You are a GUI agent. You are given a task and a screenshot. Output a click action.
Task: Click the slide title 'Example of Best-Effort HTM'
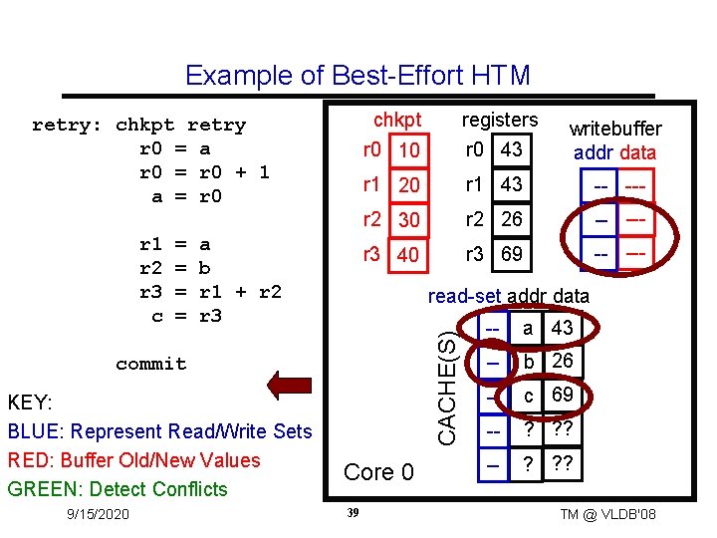tap(358, 76)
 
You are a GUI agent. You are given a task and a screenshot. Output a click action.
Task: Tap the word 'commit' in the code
tap(150, 364)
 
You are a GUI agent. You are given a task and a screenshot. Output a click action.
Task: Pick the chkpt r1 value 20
tap(406, 186)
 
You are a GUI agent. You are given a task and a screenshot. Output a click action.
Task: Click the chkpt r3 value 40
tap(406, 256)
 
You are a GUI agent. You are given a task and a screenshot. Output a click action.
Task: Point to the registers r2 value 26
tap(512, 219)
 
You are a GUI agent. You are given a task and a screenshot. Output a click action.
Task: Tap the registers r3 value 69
tap(512, 254)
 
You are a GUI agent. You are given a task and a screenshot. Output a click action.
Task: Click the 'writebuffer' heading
tap(614, 130)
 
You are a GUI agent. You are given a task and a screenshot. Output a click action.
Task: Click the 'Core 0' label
tap(378, 471)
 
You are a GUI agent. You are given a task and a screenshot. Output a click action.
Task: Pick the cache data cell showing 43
tap(562, 329)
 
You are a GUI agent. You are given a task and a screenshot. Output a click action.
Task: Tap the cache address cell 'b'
tap(528, 362)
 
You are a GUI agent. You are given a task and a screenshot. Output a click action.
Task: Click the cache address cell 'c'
tap(528, 396)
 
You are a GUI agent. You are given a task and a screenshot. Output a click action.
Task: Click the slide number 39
tap(352, 512)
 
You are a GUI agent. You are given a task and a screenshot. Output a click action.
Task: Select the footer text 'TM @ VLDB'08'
tap(607, 514)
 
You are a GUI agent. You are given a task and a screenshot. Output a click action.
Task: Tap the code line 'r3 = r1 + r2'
tap(210, 292)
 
